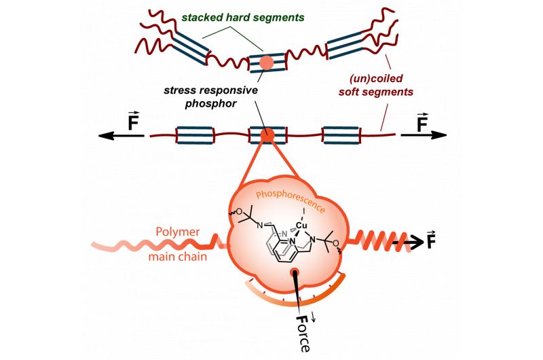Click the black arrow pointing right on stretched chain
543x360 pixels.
tap(424, 135)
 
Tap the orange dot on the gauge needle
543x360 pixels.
tap(295, 273)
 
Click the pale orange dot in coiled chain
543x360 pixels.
tap(267, 62)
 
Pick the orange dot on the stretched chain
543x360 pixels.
tap(267, 135)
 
